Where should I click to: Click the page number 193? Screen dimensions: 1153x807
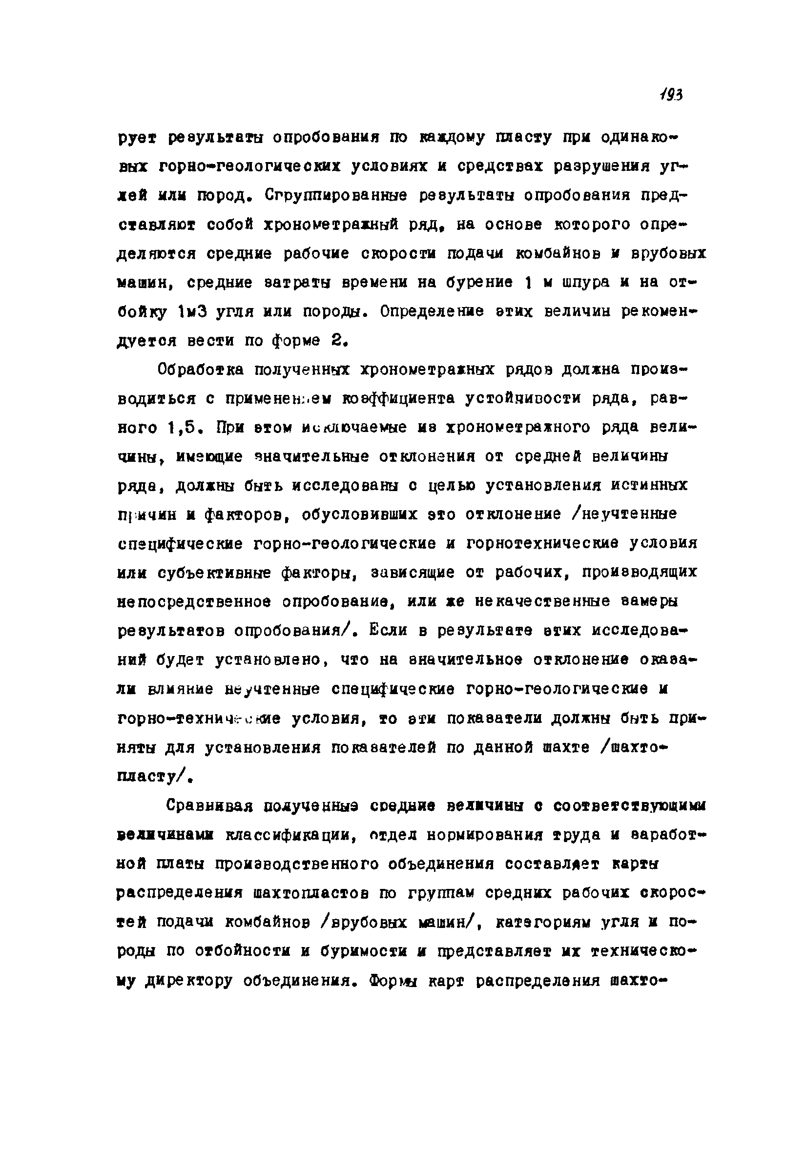tap(671, 94)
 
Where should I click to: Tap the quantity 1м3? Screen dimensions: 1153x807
tap(190, 312)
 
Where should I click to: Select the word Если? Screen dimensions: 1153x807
tap(390, 630)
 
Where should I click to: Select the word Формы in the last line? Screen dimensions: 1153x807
tap(397, 980)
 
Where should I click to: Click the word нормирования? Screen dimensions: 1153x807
tap(483, 835)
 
